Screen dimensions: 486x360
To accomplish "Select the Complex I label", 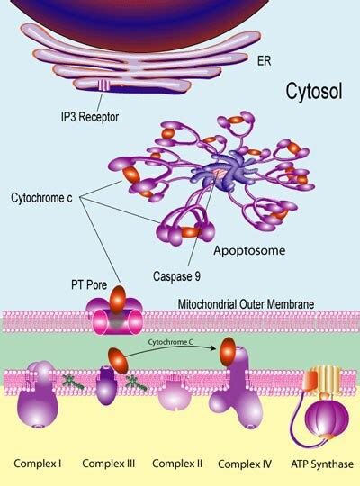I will [38, 464].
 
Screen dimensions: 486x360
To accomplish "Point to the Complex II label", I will [175, 464].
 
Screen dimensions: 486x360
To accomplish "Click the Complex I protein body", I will [41, 401].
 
